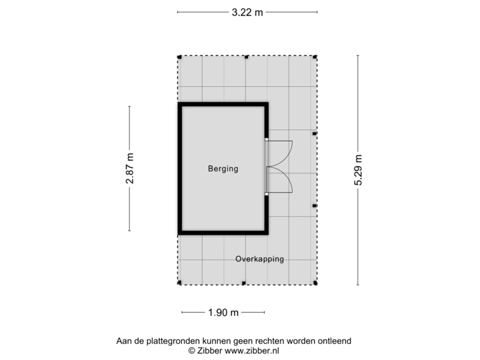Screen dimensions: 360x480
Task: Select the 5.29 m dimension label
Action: tap(359, 171)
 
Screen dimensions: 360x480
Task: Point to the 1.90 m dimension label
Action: tap(223, 312)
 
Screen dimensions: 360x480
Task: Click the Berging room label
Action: tap(223, 169)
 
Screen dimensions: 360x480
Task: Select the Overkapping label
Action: tap(259, 259)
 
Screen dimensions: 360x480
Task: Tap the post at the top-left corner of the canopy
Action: tap(178, 56)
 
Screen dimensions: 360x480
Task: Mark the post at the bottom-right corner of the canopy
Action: tap(316, 284)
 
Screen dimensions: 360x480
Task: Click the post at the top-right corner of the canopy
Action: tap(316, 56)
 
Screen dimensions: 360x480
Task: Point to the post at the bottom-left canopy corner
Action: tap(178, 284)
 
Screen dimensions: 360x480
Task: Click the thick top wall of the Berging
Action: tap(223, 105)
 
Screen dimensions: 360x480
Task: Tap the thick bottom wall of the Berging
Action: tap(223, 233)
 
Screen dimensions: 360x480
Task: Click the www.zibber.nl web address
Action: tap(253, 349)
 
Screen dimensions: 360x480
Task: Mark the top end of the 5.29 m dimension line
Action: tap(359, 56)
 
